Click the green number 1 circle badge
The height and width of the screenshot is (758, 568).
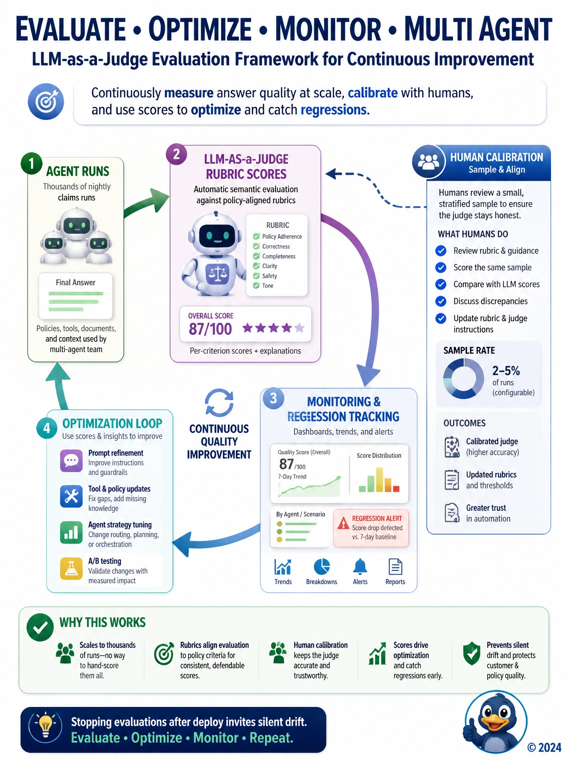point(31,163)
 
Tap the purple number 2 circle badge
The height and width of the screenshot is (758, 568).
point(176,154)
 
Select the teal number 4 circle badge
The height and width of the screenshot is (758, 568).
point(47,428)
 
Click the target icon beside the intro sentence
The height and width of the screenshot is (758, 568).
point(46,101)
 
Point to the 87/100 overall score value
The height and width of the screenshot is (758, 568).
point(210,329)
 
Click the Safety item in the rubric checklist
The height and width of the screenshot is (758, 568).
point(270,276)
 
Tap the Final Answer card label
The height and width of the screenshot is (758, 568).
point(75,282)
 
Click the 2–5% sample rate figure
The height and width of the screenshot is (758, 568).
point(506,370)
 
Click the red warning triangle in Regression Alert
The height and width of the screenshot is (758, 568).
point(344,523)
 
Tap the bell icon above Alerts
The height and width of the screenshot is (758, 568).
point(360,566)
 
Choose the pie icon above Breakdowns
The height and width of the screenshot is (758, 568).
point(322,567)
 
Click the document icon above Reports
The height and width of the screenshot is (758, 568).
point(395,567)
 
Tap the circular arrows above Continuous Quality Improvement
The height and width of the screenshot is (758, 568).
point(219,403)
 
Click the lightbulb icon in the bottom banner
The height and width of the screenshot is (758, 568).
point(45,725)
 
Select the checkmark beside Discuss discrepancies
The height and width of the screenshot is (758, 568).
point(441,301)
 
